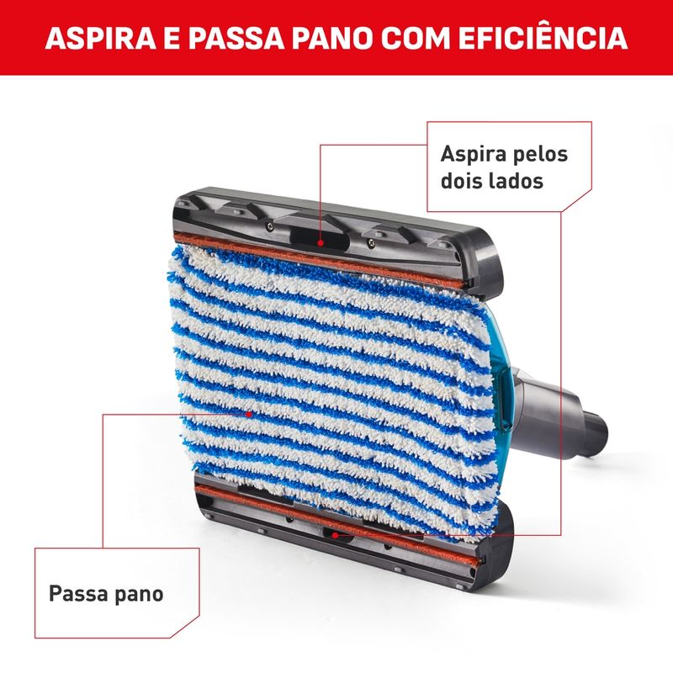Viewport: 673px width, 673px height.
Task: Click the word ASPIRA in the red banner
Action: point(101,38)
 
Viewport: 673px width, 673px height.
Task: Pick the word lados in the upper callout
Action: point(517,180)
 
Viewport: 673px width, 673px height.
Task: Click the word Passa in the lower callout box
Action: point(77,594)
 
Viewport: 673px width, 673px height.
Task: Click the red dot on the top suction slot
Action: point(321,243)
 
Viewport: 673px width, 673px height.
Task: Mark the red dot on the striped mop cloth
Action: point(248,414)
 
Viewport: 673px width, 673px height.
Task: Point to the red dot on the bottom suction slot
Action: point(335,535)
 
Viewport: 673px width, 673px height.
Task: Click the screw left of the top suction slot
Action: point(268,225)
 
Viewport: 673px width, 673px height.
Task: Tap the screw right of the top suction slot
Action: point(372,243)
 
